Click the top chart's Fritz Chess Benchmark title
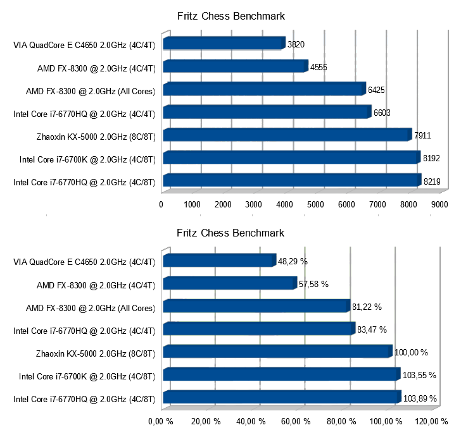click(x=230, y=15)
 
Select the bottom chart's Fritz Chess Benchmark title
click(x=230, y=233)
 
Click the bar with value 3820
click(x=224, y=44)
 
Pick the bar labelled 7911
click(x=287, y=135)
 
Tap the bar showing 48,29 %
click(x=219, y=261)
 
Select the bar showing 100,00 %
click(x=277, y=352)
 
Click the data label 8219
click(x=432, y=181)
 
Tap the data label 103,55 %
click(x=419, y=375)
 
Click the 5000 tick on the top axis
click(x=315, y=205)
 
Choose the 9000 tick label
click(x=439, y=205)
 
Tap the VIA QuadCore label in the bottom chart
click(x=84, y=261)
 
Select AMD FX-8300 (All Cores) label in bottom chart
click(x=91, y=307)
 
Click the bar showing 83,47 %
click(x=259, y=329)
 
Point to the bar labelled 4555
click(x=235, y=66)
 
